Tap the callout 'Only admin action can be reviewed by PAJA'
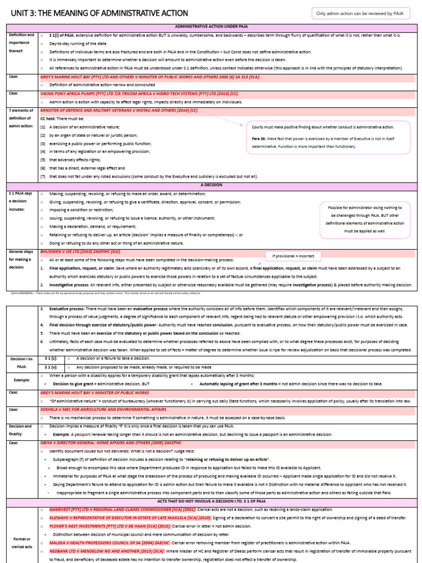coord(360,13)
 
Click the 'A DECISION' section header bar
coord(210,185)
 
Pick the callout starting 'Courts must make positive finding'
coord(327,137)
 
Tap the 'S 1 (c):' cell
coord(51,358)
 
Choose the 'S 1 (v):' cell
coord(51,367)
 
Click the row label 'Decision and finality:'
coord(21,429)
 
